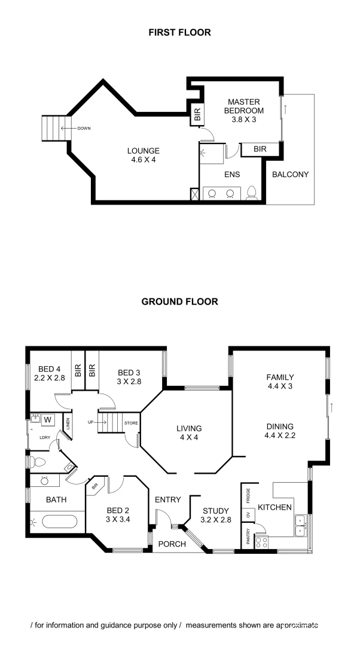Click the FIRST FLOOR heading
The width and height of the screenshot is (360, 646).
[179, 32]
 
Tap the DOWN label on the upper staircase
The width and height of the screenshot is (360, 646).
[84, 127]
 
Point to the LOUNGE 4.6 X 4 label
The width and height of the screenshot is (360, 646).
[143, 155]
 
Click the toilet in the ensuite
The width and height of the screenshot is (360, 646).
[252, 193]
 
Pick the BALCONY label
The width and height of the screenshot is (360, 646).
[290, 175]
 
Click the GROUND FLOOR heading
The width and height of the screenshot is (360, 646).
[179, 301]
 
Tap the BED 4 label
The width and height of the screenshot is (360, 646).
[49, 373]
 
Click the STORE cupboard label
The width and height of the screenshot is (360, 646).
[131, 423]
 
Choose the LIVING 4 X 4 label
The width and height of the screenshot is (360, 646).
[189, 433]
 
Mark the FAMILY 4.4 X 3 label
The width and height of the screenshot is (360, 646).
[280, 382]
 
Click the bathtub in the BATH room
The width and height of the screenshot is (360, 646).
[59, 522]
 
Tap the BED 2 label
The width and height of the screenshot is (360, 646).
[118, 514]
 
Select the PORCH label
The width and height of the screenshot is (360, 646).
[172, 544]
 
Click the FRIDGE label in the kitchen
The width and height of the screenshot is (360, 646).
[248, 496]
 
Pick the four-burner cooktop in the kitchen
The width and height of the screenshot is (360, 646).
[261, 542]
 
